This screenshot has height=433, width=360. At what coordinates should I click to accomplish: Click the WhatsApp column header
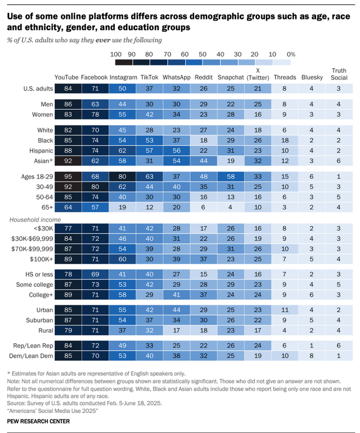click(176, 77)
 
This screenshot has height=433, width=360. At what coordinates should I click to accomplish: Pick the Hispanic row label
click(38, 149)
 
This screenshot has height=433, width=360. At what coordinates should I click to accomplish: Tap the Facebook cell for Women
click(95, 114)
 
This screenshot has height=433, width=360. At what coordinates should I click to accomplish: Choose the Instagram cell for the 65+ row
click(122, 206)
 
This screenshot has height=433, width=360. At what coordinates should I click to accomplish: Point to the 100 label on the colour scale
click(115, 54)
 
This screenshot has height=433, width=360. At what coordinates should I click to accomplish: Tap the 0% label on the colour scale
click(291, 54)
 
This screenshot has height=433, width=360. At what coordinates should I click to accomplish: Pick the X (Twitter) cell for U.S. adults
click(258, 89)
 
